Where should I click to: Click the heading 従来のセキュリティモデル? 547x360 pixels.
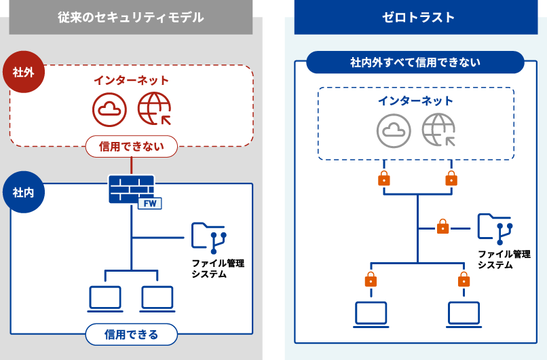pyautogui.click(x=131, y=18)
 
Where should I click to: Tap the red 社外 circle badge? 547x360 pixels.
pyautogui.click(x=24, y=70)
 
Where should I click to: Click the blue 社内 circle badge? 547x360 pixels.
pyautogui.click(x=24, y=192)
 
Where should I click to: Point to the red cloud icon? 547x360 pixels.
pyautogui.click(x=109, y=109)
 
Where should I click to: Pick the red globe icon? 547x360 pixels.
pyautogui.click(x=154, y=109)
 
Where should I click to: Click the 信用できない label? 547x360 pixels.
pyautogui.click(x=131, y=146)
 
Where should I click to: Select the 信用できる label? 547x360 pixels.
pyautogui.click(x=131, y=334)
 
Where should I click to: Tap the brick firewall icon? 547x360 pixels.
pyautogui.click(x=130, y=189)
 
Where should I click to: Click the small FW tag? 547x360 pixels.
pyautogui.click(x=149, y=204)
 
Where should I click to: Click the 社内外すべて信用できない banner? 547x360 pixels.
pyautogui.click(x=415, y=62)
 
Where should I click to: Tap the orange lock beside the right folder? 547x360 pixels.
pyautogui.click(x=443, y=226)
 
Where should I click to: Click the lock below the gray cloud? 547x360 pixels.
pyautogui.click(x=384, y=179)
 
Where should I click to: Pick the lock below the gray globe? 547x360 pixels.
pyautogui.click(x=451, y=179)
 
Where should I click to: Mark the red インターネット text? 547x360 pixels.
pyautogui.click(x=131, y=80)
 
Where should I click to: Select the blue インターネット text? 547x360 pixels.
pyautogui.click(x=415, y=101)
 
